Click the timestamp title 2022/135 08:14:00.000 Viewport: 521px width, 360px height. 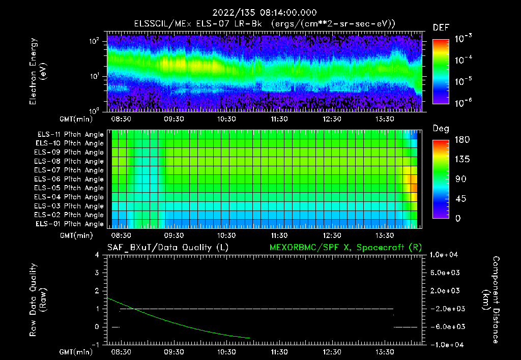[x=260, y=13]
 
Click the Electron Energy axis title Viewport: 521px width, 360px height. [x=38, y=72]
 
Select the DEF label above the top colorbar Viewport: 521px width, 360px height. [x=440, y=27]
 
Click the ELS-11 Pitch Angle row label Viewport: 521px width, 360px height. [x=69, y=134]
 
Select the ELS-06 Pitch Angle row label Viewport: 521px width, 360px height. [x=69, y=179]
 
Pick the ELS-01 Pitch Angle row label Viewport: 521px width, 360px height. [x=69, y=224]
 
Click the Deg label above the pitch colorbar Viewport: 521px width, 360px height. [x=440, y=129]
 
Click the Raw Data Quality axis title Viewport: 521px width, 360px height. [x=38, y=300]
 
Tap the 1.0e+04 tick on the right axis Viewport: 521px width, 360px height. [x=445, y=255]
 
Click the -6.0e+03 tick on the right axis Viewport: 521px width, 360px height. [x=445, y=327]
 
